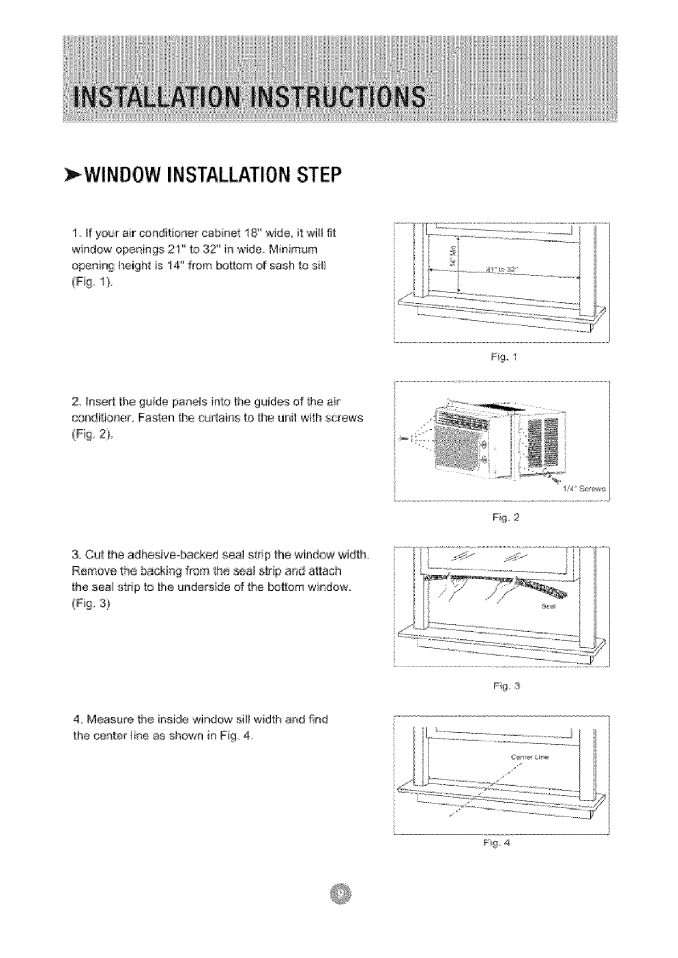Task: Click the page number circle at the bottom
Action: (340, 898)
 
